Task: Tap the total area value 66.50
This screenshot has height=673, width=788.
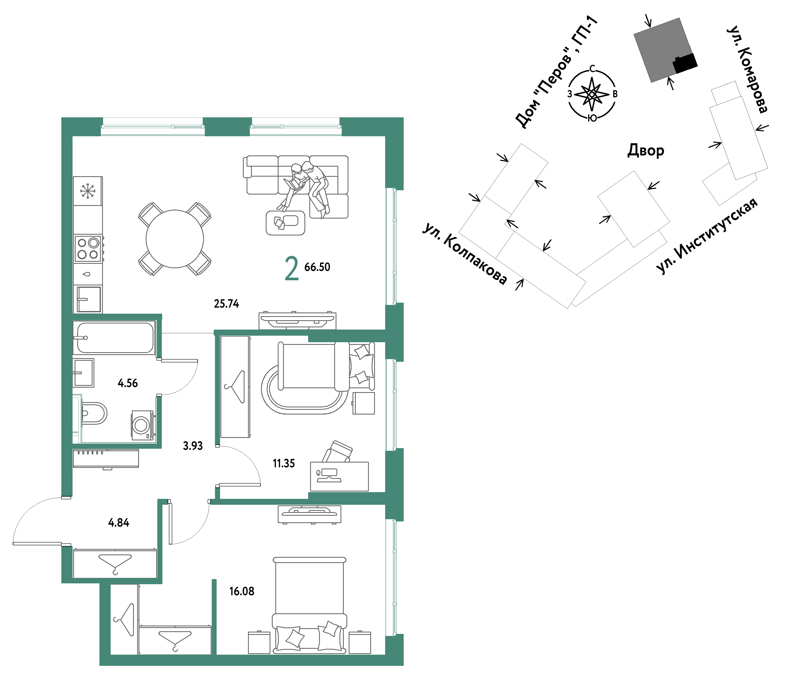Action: pos(317,267)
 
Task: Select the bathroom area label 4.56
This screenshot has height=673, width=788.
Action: pos(128,383)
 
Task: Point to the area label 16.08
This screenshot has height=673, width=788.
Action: pos(242,591)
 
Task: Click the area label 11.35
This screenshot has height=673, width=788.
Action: pos(284,463)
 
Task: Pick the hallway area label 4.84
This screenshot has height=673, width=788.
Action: pos(119,522)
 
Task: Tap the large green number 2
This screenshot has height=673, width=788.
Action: pos(292,268)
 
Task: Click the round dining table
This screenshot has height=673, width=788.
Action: pos(175,239)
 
